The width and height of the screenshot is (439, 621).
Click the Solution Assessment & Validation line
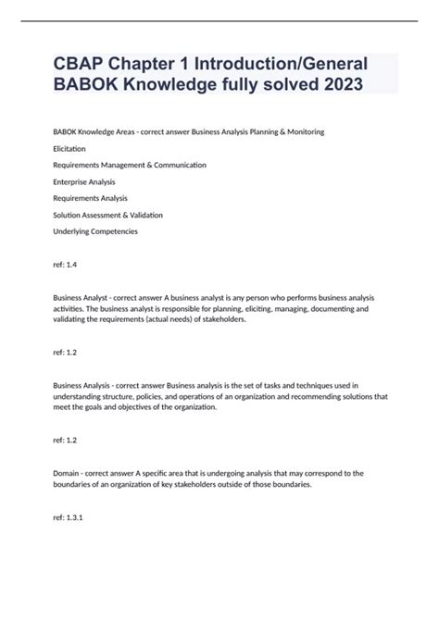(x=107, y=215)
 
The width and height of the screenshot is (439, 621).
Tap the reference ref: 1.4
(x=66, y=265)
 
